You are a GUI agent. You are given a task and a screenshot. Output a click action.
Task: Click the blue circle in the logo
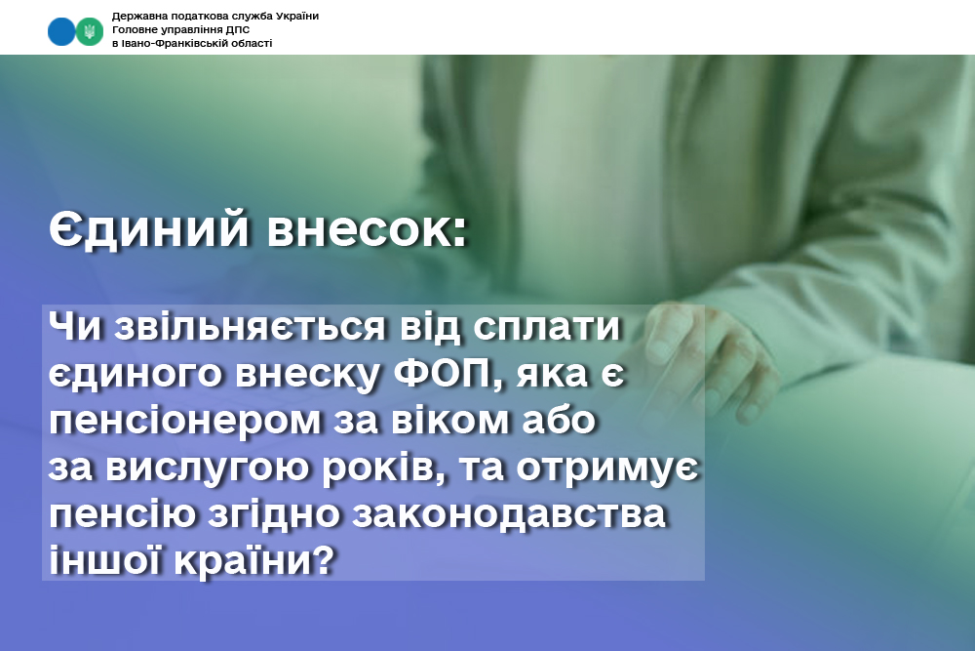tap(61, 31)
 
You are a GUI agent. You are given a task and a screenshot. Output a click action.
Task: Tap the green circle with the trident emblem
tap(90, 31)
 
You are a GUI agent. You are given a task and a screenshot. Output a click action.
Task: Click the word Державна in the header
tap(135, 17)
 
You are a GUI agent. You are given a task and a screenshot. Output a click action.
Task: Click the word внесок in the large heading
tap(361, 229)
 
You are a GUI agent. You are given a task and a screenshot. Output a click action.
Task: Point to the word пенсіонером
tap(184, 421)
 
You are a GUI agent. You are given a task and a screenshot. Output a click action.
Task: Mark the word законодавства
tap(510, 514)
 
